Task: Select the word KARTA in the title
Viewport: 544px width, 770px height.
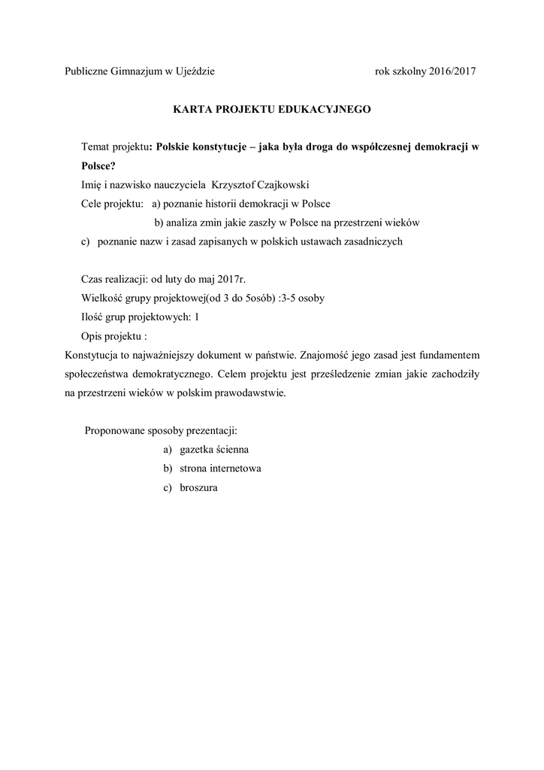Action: coord(191,109)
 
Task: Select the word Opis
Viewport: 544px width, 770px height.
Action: coord(92,335)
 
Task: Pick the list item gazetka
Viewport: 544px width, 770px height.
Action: coord(199,449)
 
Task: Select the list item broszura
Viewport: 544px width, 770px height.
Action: coord(199,487)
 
